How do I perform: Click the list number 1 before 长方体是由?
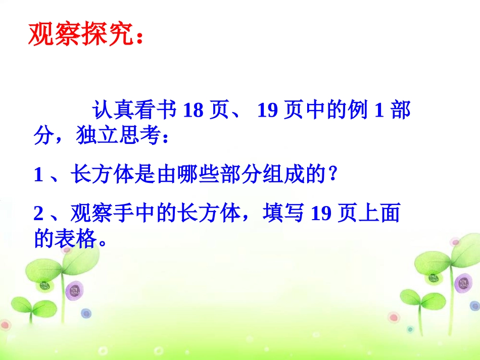click(x=39, y=176)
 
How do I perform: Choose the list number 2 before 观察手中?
click(x=39, y=215)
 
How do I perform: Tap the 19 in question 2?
click(x=320, y=215)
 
